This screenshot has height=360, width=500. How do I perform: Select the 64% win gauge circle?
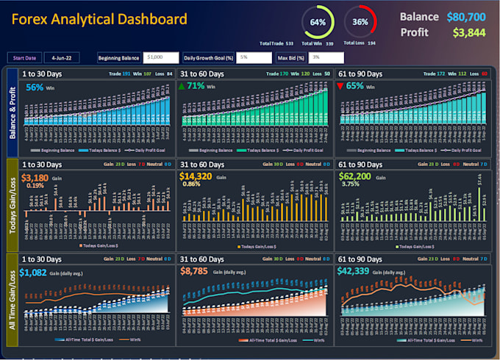pyautogui.click(x=318, y=22)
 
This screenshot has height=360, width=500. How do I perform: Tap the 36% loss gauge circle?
pyautogui.click(x=360, y=22)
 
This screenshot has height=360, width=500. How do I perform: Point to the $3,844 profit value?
pyautogui.click(x=469, y=32)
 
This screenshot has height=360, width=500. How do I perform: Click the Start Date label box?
pyautogui.click(x=24, y=57)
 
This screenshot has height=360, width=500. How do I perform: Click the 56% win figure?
pyautogui.click(x=35, y=87)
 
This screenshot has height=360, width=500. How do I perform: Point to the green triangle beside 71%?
pyautogui.click(x=183, y=87)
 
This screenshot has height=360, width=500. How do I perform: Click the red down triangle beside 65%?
pyautogui.click(x=340, y=87)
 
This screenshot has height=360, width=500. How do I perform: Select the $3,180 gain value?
pyautogui.click(x=35, y=178)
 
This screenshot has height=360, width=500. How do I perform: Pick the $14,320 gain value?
pyautogui.click(x=197, y=178)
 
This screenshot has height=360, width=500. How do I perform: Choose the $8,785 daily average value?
pyautogui.click(x=194, y=271)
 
